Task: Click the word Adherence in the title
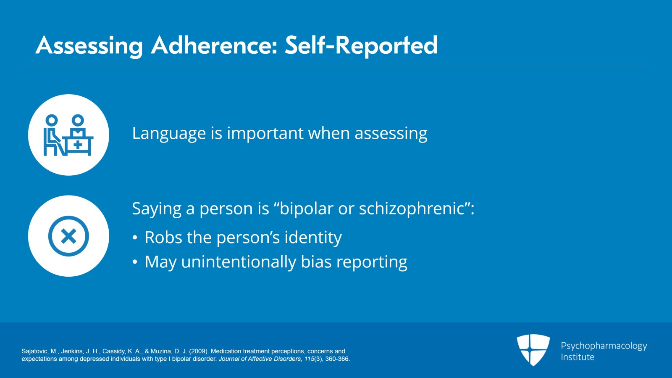coord(214,45)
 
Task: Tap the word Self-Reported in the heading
coord(361,46)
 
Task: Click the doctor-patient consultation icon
coord(68,135)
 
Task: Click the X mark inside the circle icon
coord(69,236)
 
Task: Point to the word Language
coord(169,134)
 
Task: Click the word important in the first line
coord(265,133)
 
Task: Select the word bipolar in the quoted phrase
coord(306,209)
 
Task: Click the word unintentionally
coord(239,262)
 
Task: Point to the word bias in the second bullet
coord(316,262)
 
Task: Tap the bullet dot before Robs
coord(135,238)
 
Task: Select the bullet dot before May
coord(135,262)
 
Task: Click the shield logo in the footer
coord(533,350)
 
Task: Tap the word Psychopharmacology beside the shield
coord(604,346)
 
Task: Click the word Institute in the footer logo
coord(577,357)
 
